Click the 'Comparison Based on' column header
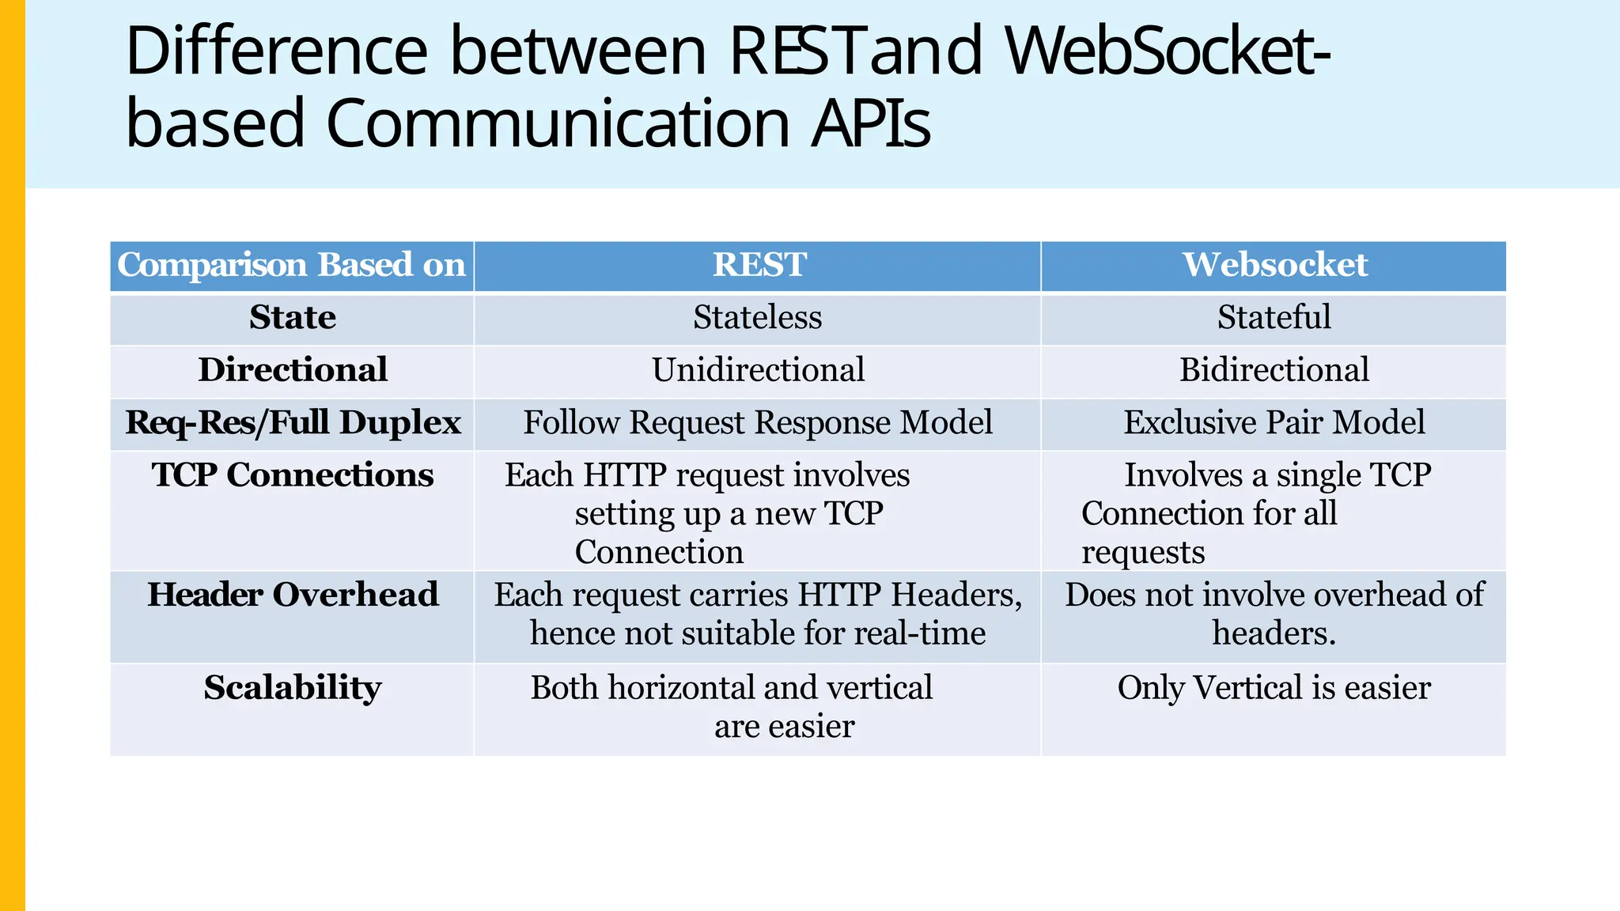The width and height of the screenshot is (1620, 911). pyautogui.click(x=291, y=265)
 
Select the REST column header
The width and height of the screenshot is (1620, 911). pyautogui.click(x=759, y=265)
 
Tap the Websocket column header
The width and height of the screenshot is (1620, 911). pyautogui.click(x=1274, y=265)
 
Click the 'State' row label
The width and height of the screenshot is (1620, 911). pyautogui.click(x=292, y=318)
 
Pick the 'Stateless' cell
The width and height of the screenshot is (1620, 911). pyautogui.click(x=757, y=318)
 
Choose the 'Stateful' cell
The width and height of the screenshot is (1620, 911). pyautogui.click(x=1274, y=318)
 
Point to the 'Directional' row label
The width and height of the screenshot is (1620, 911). pyautogui.click(x=292, y=370)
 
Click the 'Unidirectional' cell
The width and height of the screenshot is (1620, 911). pyautogui.click(x=757, y=370)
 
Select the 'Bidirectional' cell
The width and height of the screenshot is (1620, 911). pyautogui.click(x=1274, y=370)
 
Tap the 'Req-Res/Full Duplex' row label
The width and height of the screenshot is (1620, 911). pyautogui.click(x=292, y=423)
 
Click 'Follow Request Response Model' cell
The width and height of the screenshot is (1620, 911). pyautogui.click(x=757, y=423)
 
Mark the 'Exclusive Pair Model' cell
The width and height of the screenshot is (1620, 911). pyautogui.click(x=1274, y=423)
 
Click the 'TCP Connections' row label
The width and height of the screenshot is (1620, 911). pyautogui.click(x=292, y=475)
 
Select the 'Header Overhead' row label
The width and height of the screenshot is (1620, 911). pyautogui.click(x=292, y=595)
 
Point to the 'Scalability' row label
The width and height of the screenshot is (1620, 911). pyautogui.click(x=292, y=688)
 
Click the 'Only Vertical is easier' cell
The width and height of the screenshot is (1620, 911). pyautogui.click(x=1274, y=688)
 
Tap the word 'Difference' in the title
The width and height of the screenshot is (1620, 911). pyautogui.click(x=276, y=51)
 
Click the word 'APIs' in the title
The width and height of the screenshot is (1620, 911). pyautogui.click(x=870, y=124)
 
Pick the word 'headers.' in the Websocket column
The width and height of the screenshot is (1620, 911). pyautogui.click(x=1274, y=633)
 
